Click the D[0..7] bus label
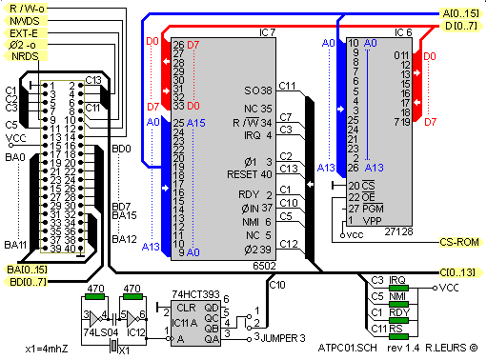[x=464, y=25]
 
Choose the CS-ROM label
[x=462, y=243]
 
